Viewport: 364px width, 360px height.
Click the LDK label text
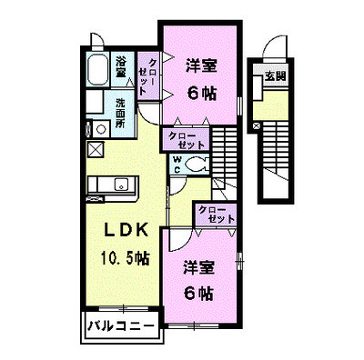point(126,230)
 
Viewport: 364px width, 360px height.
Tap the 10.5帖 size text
point(125,258)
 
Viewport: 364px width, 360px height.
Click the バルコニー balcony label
point(121,326)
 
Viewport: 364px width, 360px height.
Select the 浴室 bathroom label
point(121,68)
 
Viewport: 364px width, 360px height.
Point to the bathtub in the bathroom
point(98,69)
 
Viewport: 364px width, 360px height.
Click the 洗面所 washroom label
point(120,114)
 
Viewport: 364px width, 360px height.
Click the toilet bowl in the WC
point(195,165)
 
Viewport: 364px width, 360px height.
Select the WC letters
point(177,165)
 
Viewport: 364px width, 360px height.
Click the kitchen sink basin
point(122,184)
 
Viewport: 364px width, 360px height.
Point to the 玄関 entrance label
point(276,76)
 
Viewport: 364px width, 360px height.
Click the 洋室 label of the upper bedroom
point(201,66)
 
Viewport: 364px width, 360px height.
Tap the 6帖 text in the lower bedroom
point(199,293)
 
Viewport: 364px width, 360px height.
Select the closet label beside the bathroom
point(147,76)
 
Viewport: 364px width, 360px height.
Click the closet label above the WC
point(186,141)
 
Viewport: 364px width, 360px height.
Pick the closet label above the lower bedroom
point(217,215)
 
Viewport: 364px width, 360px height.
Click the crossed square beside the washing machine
point(96,150)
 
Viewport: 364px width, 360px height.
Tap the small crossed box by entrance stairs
point(257,125)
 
